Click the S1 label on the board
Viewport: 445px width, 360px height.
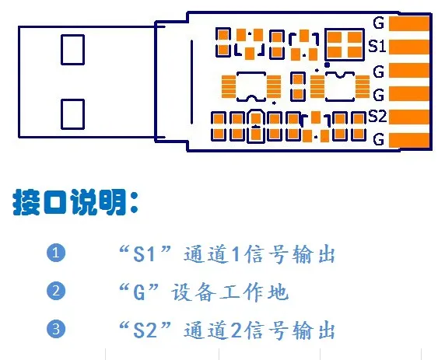(377, 46)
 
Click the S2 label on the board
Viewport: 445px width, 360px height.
(377, 117)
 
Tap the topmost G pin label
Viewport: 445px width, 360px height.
(379, 23)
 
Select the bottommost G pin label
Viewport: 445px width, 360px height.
(379, 139)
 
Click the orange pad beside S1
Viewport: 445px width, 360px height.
(409, 47)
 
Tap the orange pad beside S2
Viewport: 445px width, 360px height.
(409, 117)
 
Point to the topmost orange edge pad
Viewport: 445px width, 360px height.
(409, 23)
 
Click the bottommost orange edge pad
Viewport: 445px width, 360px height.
(409, 140)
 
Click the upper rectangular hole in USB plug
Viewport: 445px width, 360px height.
(72, 50)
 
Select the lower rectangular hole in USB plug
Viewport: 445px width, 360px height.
(72, 114)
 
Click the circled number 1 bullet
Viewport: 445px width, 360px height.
(56, 253)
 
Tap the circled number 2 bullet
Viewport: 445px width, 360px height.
(56, 291)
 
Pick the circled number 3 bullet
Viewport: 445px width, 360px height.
(56, 329)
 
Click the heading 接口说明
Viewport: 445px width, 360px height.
(75, 202)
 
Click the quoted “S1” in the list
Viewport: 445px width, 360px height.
(145, 253)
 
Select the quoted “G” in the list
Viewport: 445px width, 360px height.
(138, 292)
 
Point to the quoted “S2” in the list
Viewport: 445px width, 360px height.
(145, 330)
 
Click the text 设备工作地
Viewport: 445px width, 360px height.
(230, 292)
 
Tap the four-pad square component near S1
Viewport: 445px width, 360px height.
(345, 44)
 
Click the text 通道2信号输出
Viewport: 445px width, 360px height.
(259, 330)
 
